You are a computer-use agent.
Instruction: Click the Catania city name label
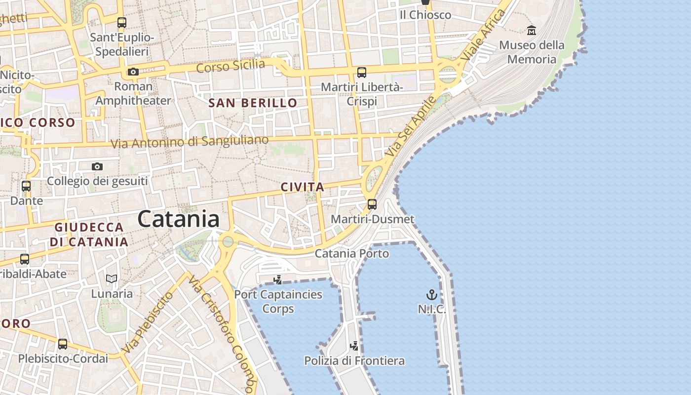(178, 219)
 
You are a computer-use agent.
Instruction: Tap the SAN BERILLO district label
(253, 103)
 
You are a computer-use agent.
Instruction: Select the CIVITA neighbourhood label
(303, 187)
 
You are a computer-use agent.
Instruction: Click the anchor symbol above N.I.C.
(432, 295)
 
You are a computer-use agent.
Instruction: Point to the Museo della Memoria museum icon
(532, 31)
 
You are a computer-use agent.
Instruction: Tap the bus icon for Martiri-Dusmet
(372, 204)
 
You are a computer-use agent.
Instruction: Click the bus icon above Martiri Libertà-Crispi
(362, 73)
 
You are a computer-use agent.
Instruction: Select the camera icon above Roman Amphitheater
(133, 72)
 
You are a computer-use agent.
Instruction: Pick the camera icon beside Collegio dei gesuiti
(97, 167)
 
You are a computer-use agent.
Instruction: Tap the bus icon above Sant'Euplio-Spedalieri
(122, 23)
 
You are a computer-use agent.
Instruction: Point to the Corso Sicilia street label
(230, 65)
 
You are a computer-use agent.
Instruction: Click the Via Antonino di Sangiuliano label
(190, 142)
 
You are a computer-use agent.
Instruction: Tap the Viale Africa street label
(483, 36)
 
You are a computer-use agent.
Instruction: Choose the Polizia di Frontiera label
(354, 361)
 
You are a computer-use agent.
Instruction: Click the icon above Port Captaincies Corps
(278, 280)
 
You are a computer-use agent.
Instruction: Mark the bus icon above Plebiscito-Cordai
(63, 344)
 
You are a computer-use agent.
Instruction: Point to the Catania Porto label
(352, 254)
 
